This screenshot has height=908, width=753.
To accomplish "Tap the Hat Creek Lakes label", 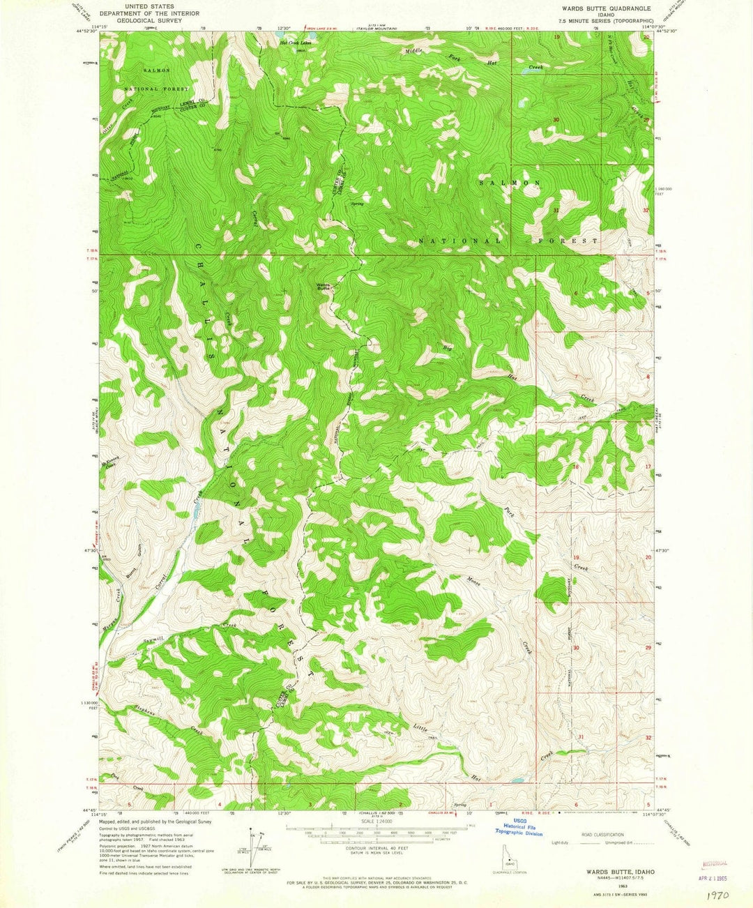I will click(294, 43).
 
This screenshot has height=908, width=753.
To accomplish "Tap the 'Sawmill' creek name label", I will click(152, 638).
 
